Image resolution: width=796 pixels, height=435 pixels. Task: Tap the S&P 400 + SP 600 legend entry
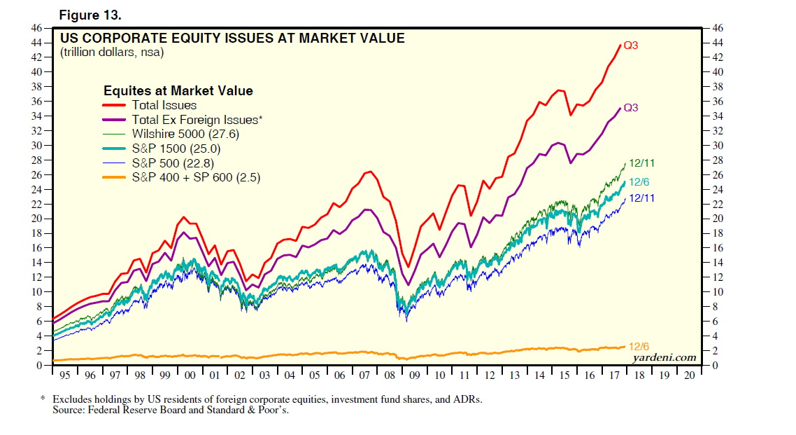pyautogui.click(x=196, y=178)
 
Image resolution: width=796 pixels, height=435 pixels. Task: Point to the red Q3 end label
pyautogui.click(x=631, y=46)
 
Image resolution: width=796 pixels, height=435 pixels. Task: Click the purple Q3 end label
pyautogui.click(x=631, y=108)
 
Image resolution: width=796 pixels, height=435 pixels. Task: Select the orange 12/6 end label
pyautogui.click(x=639, y=346)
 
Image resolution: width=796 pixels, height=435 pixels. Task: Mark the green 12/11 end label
pyautogui.click(x=641, y=163)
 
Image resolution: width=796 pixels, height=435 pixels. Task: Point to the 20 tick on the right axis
pyautogui.click(x=717, y=219)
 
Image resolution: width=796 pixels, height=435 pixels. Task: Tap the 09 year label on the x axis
pyautogui.click(x=414, y=375)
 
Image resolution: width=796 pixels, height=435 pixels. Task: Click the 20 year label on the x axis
pyautogui.click(x=690, y=375)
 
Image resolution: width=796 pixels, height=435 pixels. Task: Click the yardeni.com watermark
pyautogui.click(x=664, y=358)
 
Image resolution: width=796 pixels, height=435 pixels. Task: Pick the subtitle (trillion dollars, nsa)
pyautogui.click(x=112, y=52)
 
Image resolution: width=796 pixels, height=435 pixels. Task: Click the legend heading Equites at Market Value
pyautogui.click(x=178, y=91)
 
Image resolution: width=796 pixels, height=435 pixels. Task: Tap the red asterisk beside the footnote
pyautogui.click(x=43, y=399)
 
